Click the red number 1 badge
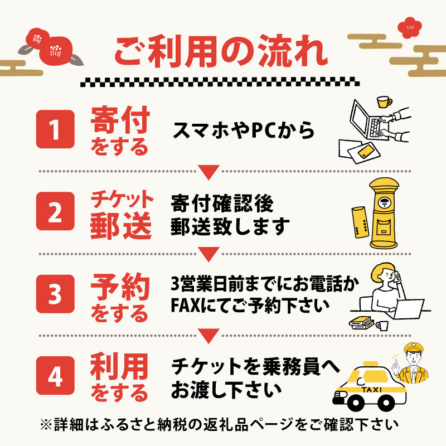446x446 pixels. pyautogui.click(x=55, y=129)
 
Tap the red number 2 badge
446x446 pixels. pyautogui.click(x=55, y=211)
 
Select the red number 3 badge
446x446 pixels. pyautogui.click(x=55, y=294)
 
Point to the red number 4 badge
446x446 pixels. pyautogui.click(x=55, y=375)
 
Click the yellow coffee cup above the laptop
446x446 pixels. pyautogui.click(x=384, y=102)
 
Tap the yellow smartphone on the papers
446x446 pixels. pyautogui.click(x=366, y=151)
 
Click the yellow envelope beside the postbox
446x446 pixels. pyautogui.click(x=360, y=222)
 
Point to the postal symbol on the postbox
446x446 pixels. pyautogui.click(x=384, y=202)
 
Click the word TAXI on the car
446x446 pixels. pyautogui.click(x=371, y=390)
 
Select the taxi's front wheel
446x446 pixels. pyautogui.click(x=355, y=403)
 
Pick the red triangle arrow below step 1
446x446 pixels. pyautogui.click(x=209, y=172)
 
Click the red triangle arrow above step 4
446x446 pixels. pyautogui.click(x=209, y=336)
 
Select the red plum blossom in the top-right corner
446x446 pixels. pyautogui.click(x=410, y=27)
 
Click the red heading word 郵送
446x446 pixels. pyautogui.click(x=120, y=226)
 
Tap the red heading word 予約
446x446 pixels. pyautogui.click(x=120, y=287)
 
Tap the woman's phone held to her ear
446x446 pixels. pyautogui.click(x=397, y=277)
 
